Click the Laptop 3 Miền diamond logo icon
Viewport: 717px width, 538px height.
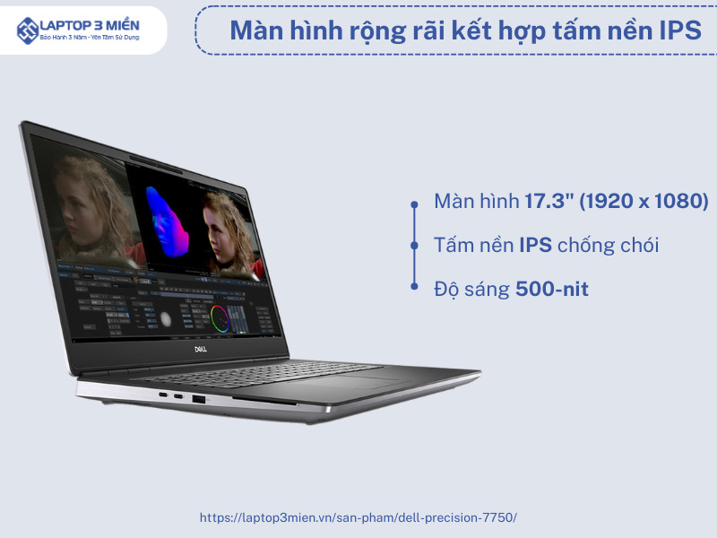click(28, 30)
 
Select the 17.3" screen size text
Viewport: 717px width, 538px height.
click(549, 201)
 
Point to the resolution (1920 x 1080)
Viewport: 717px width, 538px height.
click(644, 201)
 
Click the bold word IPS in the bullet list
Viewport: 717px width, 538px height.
click(535, 245)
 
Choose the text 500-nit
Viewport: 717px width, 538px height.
click(552, 289)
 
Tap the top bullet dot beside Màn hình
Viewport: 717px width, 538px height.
click(414, 204)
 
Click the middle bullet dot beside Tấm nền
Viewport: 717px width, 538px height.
click(414, 246)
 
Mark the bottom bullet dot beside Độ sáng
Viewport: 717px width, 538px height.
click(414, 286)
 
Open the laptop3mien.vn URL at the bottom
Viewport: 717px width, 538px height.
click(358, 517)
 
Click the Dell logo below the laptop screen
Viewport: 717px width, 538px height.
click(200, 349)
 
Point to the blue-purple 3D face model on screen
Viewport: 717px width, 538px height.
click(167, 221)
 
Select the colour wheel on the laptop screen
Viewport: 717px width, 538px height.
click(220, 318)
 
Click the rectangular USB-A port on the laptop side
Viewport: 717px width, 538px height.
click(198, 399)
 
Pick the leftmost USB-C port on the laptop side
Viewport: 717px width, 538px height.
click(163, 394)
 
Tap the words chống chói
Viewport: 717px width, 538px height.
click(609, 246)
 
